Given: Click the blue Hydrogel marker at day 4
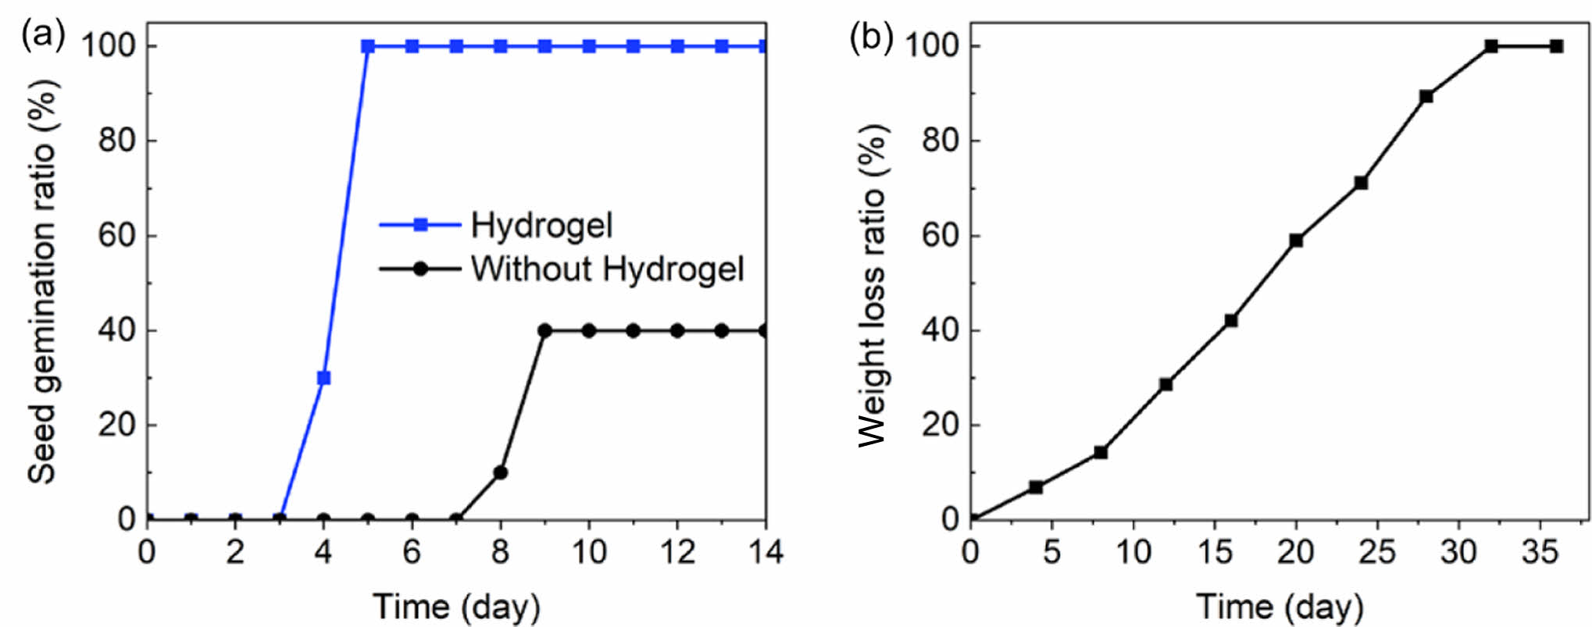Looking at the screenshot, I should tap(323, 378).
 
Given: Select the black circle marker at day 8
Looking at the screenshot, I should tap(501, 472).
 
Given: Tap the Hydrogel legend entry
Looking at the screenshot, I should tap(541, 226).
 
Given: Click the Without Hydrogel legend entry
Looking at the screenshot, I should tap(607, 269).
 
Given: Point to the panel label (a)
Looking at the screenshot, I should tap(43, 35).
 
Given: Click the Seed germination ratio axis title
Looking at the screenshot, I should tap(42, 281).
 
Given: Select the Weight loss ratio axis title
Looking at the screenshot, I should tap(872, 285).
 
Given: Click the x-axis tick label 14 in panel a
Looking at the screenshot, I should tap(766, 553).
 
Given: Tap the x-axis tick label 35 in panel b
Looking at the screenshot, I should tap(1539, 553).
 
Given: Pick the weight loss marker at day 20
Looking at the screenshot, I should tap(1296, 240).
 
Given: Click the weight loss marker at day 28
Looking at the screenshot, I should tap(1426, 97).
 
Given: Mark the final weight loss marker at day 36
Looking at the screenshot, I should tap(1556, 46).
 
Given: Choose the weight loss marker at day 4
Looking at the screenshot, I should tap(1036, 486).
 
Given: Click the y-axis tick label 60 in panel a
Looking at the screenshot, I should tap(117, 236).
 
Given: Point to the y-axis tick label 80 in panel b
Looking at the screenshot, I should tap(941, 141).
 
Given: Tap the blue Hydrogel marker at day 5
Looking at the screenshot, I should tap(368, 46).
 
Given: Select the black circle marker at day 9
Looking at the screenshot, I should tap(544, 331).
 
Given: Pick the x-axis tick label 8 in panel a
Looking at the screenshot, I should tap(501, 553).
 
